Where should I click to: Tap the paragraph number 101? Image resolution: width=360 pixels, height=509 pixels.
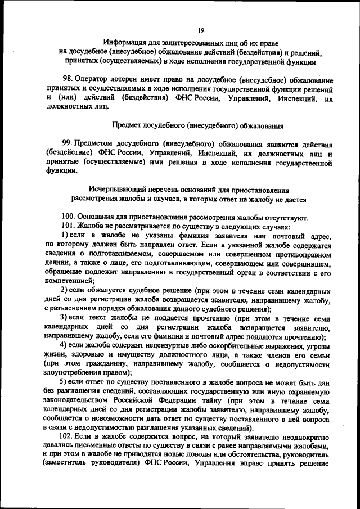pyautogui.click(x=69, y=227)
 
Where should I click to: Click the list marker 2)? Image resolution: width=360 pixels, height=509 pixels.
pyautogui.click(x=65, y=290)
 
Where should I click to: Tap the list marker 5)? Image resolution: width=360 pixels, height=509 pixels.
pyautogui.click(x=65, y=381)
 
